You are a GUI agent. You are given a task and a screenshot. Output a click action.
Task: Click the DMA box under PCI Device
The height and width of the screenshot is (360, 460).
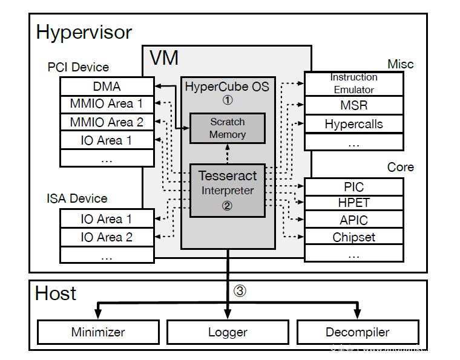coord(107,87)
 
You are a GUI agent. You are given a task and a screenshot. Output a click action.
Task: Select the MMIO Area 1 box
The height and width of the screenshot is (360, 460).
coord(107,104)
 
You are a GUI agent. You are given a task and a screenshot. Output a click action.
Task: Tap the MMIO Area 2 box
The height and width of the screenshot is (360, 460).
coord(107,122)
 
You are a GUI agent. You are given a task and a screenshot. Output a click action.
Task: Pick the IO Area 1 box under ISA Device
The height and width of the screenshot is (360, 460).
coord(107,219)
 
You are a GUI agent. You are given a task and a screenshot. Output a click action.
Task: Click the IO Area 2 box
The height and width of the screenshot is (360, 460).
coord(107,237)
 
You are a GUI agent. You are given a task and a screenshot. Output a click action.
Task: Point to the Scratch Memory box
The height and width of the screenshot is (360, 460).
coord(228,128)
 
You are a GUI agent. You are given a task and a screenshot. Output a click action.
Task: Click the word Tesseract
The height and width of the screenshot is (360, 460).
coord(228,176)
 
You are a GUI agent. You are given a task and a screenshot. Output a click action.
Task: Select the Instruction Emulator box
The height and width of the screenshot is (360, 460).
coord(353,83)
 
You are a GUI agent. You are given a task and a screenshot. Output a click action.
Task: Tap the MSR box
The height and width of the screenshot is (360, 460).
coord(353,105)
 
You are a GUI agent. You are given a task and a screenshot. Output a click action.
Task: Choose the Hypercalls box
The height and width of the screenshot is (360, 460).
coord(353,124)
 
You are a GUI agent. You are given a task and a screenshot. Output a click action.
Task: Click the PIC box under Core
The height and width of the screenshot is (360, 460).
coord(353,187)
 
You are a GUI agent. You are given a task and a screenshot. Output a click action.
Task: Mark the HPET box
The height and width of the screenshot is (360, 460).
coord(353,203)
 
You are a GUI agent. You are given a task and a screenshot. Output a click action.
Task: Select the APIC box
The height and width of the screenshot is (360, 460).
coord(353,220)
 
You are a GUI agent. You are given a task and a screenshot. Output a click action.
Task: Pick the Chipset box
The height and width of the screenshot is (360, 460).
coord(353,237)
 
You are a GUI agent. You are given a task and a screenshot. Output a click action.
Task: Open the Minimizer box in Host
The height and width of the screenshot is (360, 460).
coord(98,332)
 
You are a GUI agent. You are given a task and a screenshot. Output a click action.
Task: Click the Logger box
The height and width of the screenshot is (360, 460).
coord(228,332)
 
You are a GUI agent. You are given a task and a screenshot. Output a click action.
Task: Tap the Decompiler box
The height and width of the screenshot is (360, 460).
coord(357,332)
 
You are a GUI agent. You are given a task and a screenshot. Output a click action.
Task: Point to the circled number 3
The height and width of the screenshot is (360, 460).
coord(240,290)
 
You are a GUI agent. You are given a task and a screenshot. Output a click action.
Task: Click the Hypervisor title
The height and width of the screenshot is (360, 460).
coord(84,31)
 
